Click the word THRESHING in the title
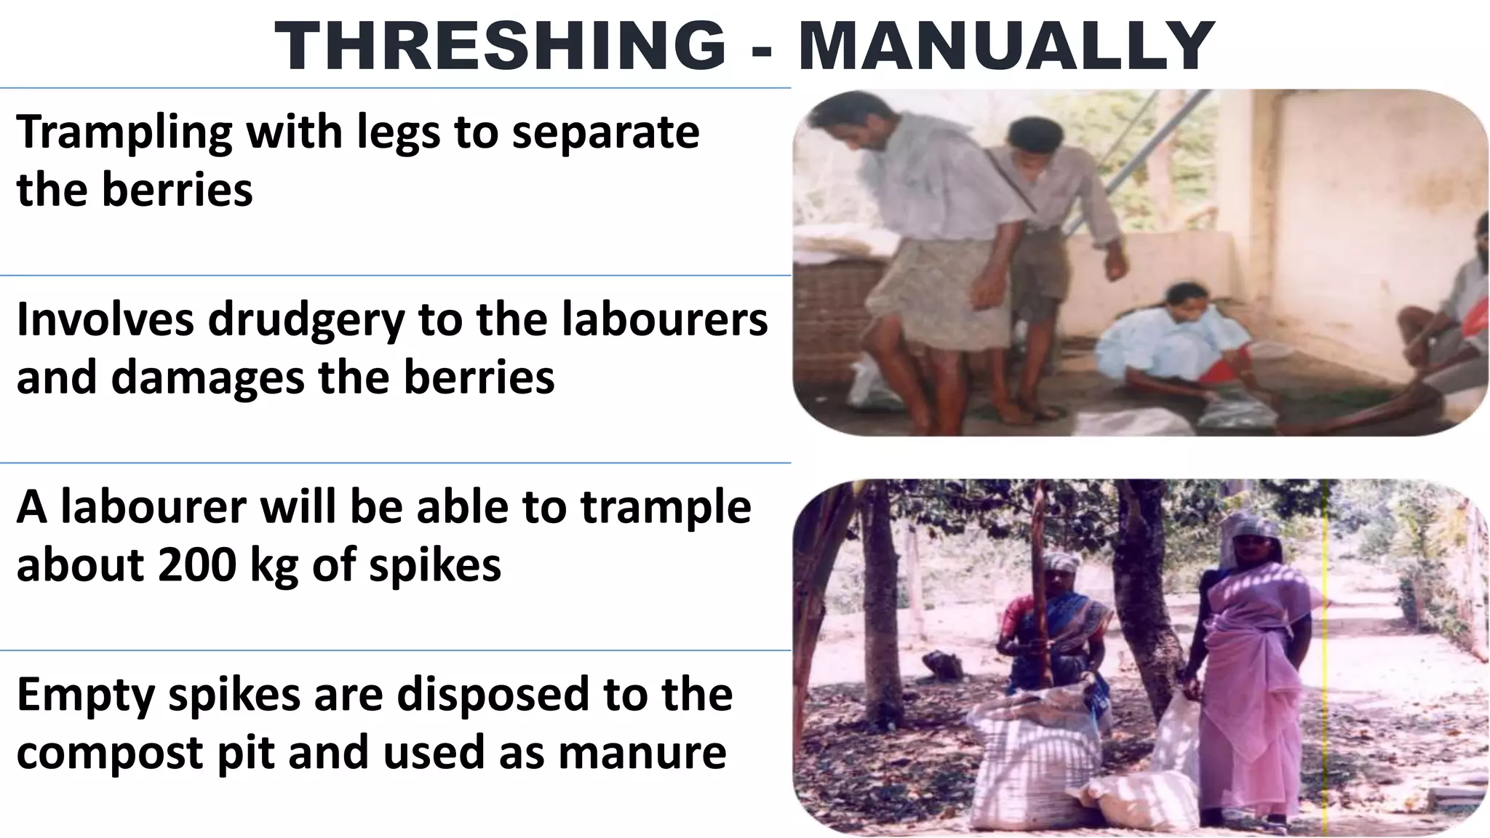tap(501, 45)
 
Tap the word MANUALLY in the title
tap(1006, 45)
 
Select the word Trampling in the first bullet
tap(124, 132)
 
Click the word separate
tap(605, 132)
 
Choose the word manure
tap(642, 754)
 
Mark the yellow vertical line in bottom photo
tap(1326, 655)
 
